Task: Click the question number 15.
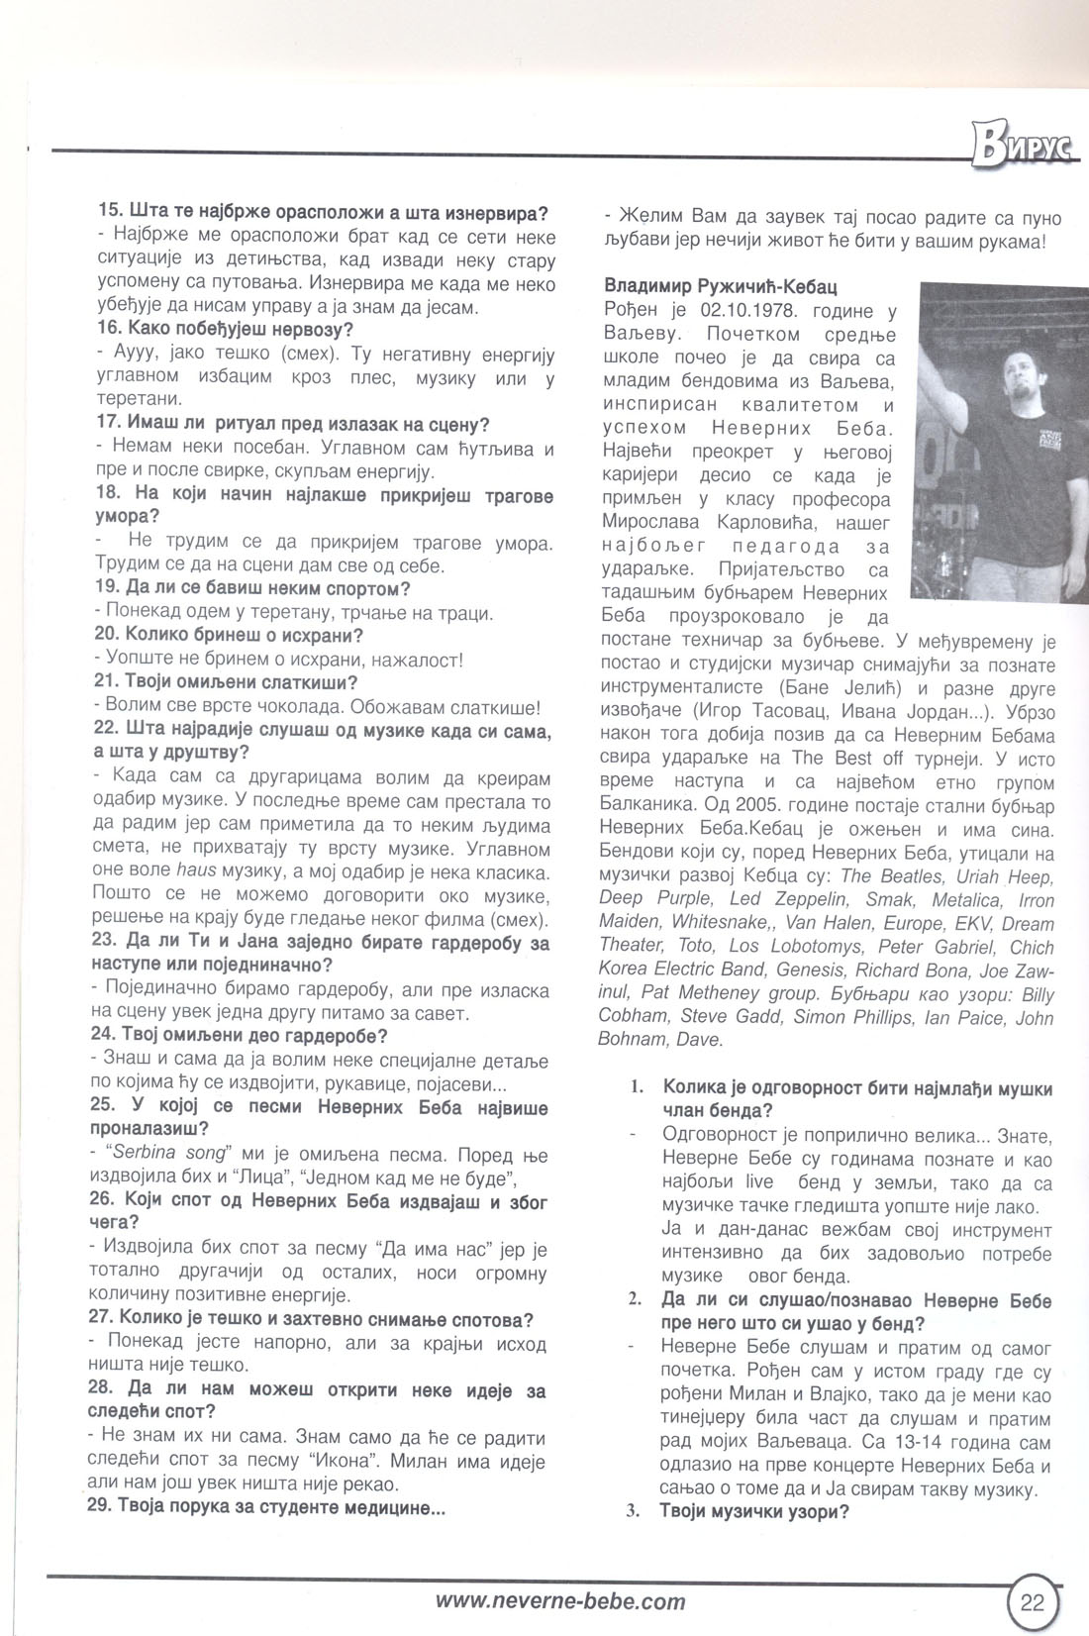tap(109, 212)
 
